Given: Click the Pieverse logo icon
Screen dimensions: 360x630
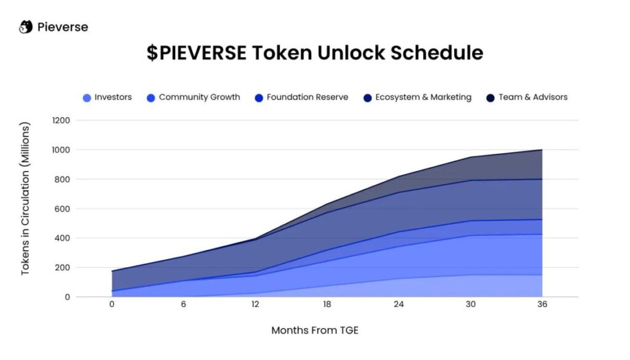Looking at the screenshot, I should (x=26, y=27).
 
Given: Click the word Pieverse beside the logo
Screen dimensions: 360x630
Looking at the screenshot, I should (x=62, y=27).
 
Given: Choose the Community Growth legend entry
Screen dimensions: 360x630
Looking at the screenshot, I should (x=193, y=97).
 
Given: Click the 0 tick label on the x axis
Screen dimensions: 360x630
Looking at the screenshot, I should (x=111, y=305).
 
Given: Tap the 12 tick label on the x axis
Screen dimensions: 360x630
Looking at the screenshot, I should (x=255, y=305).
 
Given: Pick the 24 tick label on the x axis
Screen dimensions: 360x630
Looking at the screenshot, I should (x=398, y=305).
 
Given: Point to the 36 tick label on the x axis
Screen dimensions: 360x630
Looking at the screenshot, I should (x=541, y=305).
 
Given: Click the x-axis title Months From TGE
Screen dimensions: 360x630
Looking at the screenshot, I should (x=314, y=330).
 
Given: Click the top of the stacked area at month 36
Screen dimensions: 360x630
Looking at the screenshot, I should (x=541, y=150).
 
